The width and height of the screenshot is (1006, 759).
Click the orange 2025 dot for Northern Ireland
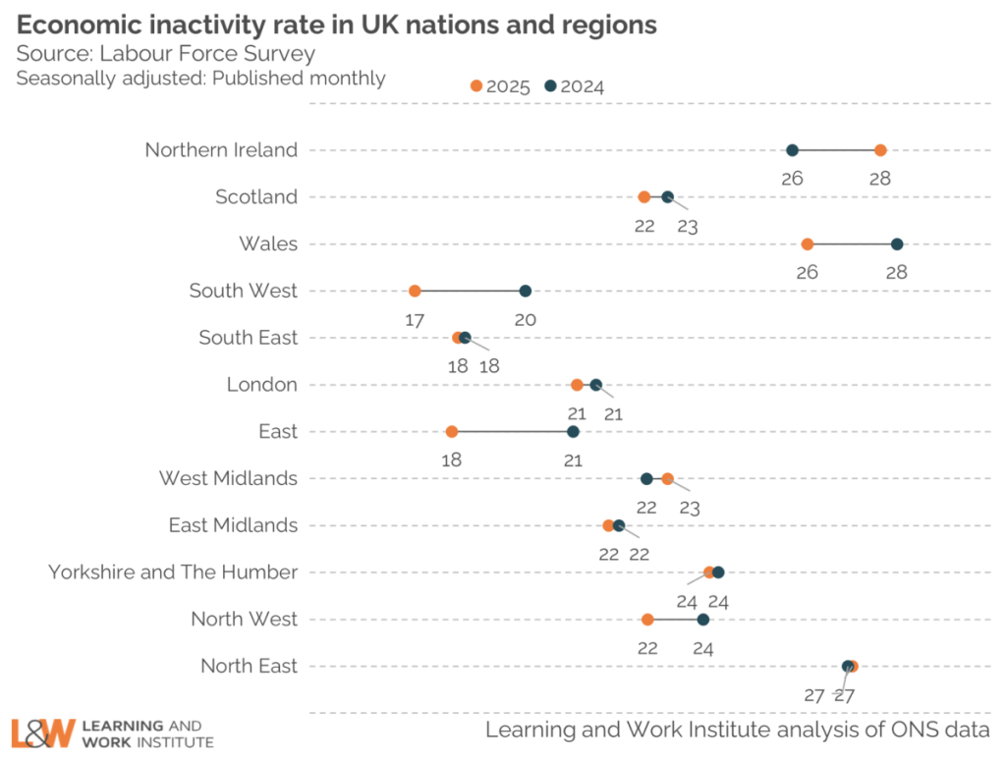880,150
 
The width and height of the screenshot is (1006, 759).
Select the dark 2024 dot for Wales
897,244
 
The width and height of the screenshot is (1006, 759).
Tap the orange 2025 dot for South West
415,291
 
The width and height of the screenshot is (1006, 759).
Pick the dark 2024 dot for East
574,432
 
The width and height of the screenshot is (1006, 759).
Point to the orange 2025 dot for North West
647,620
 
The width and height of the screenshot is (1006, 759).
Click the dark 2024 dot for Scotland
668,197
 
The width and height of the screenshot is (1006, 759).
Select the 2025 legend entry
501,86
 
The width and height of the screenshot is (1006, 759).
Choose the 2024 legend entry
576,86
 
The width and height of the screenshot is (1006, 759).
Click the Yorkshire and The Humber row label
173,571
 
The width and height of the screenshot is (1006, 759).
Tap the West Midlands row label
228,478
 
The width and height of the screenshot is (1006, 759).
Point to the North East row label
249,666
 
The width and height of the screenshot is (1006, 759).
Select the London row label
261,384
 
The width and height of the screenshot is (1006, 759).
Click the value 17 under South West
415,319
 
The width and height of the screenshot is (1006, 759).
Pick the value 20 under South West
525,319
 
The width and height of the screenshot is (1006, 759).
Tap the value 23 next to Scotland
687,226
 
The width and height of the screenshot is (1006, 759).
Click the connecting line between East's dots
511,432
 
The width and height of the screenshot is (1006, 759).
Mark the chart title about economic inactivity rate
337,24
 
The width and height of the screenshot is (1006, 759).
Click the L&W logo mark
42,732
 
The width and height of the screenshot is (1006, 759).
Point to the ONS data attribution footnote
738,730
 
